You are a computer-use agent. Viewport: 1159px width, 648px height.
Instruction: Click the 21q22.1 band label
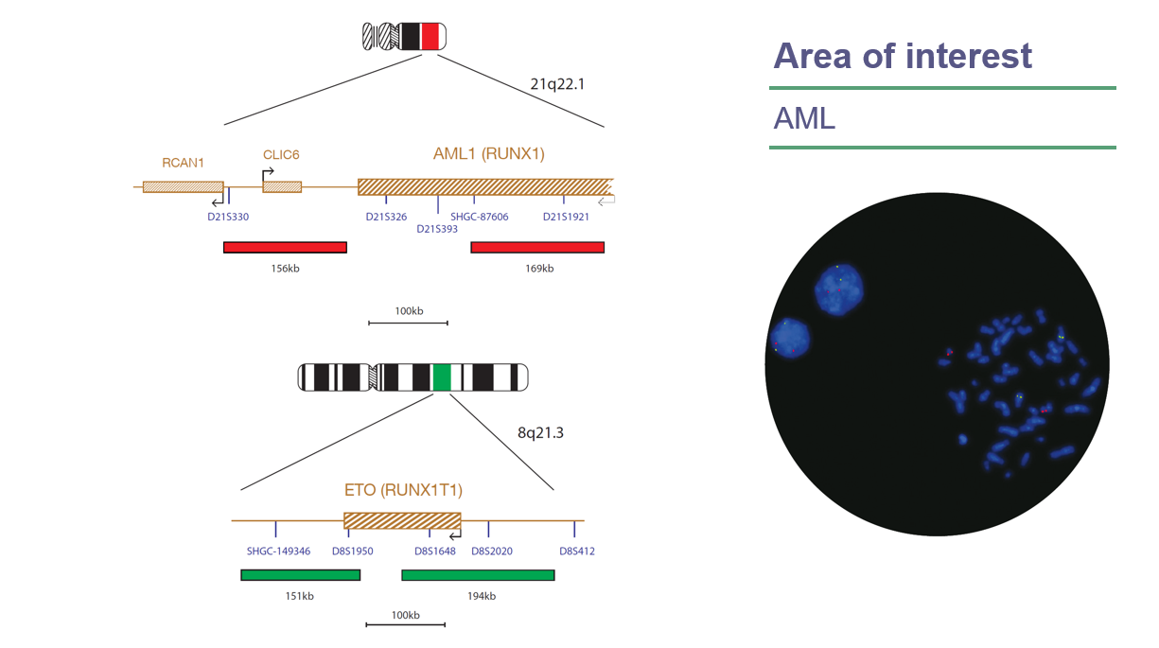pos(557,84)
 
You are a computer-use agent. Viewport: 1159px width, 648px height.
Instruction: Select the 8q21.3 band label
pos(540,433)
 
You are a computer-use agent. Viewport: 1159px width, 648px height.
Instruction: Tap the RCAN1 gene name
pos(183,162)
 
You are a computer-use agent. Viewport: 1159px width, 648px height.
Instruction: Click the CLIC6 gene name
pos(281,155)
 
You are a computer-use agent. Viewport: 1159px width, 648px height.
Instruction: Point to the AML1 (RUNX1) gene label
pos(488,154)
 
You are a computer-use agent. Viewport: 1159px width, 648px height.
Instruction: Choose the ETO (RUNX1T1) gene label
pos(403,490)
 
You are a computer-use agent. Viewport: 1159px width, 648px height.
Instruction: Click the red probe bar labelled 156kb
pos(285,248)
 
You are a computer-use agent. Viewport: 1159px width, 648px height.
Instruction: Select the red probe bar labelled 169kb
pos(537,248)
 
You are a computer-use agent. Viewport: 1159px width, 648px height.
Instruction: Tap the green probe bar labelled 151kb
pos(301,575)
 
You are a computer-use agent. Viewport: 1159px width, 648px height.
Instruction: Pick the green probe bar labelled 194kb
pos(478,575)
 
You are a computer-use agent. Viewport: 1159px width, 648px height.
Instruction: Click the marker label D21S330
pos(228,217)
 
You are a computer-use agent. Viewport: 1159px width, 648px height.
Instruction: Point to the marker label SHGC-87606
pos(479,217)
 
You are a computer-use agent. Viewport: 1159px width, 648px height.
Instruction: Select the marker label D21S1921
pos(566,217)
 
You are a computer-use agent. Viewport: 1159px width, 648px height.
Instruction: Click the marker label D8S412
pos(577,551)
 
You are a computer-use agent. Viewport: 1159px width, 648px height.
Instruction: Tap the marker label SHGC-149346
pos(278,551)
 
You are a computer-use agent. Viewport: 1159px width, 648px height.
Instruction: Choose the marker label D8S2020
pos(492,551)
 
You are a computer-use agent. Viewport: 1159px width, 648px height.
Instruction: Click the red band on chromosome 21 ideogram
pos(430,37)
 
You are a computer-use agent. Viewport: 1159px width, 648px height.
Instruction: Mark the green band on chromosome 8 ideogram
pos(441,377)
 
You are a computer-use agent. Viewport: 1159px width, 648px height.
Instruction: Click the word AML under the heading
pos(804,118)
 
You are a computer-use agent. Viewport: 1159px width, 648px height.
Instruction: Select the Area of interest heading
pos(902,56)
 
